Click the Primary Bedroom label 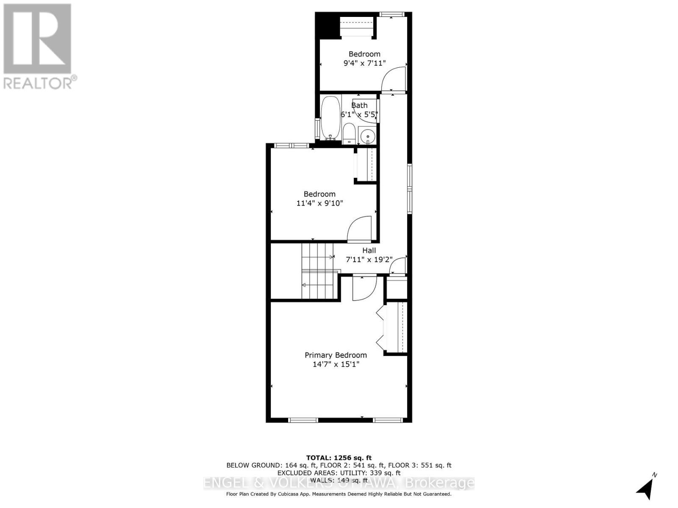click(x=336, y=355)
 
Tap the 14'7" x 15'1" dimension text click(x=336, y=364)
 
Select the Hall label click(x=369, y=251)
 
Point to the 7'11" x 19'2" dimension click(x=369, y=260)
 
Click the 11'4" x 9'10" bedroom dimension click(x=319, y=203)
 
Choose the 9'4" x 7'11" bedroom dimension click(x=364, y=63)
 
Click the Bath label click(x=359, y=105)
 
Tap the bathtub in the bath click(x=330, y=118)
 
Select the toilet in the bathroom click(x=349, y=133)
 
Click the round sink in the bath click(x=367, y=136)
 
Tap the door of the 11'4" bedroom click(x=359, y=229)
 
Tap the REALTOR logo click(x=38, y=46)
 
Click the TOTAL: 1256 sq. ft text click(x=339, y=458)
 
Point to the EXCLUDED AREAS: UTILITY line click(x=339, y=473)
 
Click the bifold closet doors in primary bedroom click(x=380, y=328)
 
